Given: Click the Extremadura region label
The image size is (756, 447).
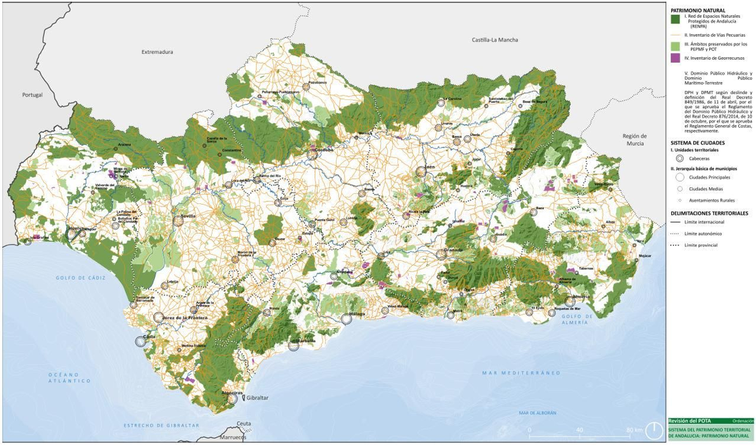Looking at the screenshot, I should tap(157, 52).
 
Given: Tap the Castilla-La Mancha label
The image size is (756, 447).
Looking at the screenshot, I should tap(495, 40).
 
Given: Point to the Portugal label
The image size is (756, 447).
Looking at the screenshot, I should tap(32, 95).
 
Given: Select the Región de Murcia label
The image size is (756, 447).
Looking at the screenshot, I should tap(635, 139).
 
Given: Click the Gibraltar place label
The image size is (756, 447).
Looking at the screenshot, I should tap(257, 398).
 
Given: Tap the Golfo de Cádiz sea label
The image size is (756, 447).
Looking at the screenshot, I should tap(81, 278).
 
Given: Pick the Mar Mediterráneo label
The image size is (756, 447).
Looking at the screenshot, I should tap(521, 373).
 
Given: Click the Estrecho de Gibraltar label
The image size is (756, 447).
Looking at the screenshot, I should tap(161, 425).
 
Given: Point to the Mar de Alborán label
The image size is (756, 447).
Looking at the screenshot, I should tap(537, 413).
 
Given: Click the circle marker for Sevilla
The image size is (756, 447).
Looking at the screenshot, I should tap(178, 221).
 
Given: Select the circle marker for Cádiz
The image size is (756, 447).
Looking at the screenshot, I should tap(140, 341).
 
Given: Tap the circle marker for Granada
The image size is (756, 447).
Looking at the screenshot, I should tap(441, 255).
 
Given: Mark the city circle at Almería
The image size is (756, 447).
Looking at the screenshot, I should tap(570, 301).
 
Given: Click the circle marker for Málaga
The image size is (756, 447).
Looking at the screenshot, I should tap(346, 319).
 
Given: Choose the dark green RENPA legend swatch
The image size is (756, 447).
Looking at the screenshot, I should tap(675, 19).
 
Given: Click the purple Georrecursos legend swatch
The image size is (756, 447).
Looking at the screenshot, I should tap(675, 58).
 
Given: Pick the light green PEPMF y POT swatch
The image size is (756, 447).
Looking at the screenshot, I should tap(675, 46).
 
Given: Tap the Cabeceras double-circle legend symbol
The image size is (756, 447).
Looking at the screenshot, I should tap(679, 159).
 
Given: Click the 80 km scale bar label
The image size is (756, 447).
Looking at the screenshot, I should tap(634, 430).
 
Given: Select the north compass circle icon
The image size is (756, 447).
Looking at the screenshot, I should tap(654, 430).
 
